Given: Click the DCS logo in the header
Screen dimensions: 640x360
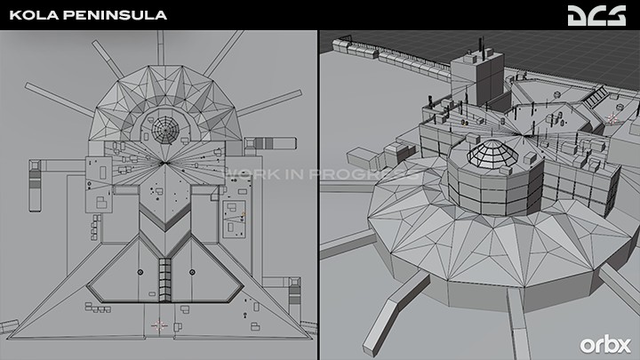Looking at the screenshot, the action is coord(596,15).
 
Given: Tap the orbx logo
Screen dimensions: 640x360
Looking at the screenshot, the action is coord(605,345).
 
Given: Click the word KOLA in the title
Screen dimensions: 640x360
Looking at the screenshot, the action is coord(35,15).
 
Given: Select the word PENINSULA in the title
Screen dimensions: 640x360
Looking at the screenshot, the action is coord(116,15).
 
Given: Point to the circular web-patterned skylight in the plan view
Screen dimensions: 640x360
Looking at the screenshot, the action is coord(165,130).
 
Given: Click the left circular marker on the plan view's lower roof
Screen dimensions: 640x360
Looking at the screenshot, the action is coord(140,272).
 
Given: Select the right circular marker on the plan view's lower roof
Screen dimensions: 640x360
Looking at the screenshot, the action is coord(192,272).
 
